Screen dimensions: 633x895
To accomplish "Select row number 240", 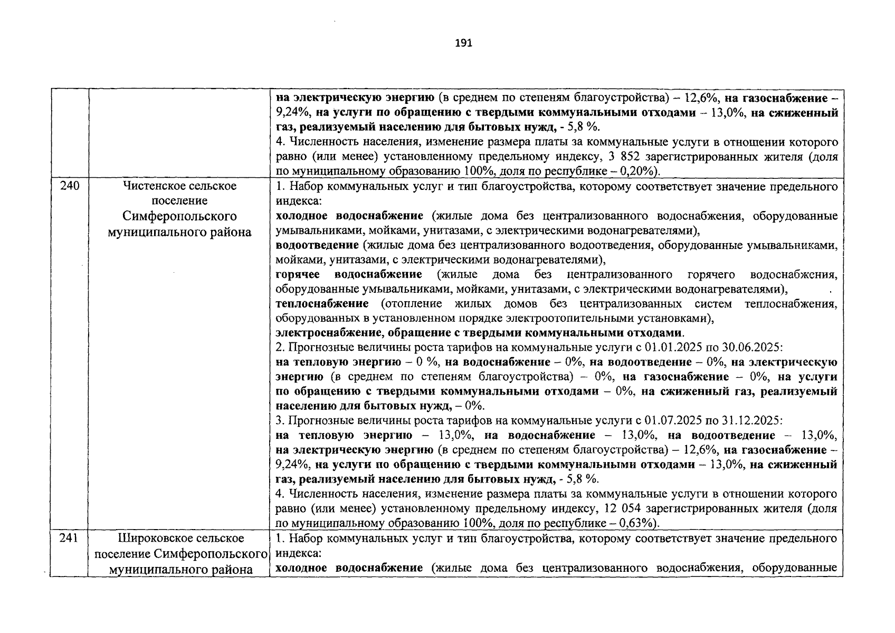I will coord(69,186).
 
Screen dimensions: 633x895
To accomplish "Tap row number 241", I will coord(69,538).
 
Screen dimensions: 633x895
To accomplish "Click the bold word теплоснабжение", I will coord(322,304).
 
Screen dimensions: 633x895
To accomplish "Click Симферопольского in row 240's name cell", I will coord(179,216).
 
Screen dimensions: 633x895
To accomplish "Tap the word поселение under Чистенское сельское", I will coord(179,201).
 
